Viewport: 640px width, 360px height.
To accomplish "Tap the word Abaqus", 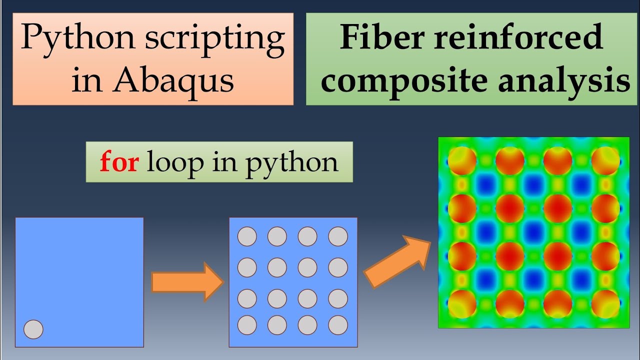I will (x=173, y=81).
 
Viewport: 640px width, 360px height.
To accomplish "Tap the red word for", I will (x=119, y=162).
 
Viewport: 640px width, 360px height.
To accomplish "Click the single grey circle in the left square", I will (x=34, y=329).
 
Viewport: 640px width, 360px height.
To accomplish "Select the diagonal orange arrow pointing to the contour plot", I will (x=397, y=262).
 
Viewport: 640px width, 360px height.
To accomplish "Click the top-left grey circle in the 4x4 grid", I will (x=247, y=236).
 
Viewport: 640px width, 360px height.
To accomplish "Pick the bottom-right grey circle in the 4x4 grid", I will (x=338, y=325).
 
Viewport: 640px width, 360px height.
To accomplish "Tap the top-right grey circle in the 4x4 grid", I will (x=338, y=236).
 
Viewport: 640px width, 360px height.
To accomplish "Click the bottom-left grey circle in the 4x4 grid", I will (x=247, y=325).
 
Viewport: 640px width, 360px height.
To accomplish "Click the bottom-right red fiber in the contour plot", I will (x=605, y=303).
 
